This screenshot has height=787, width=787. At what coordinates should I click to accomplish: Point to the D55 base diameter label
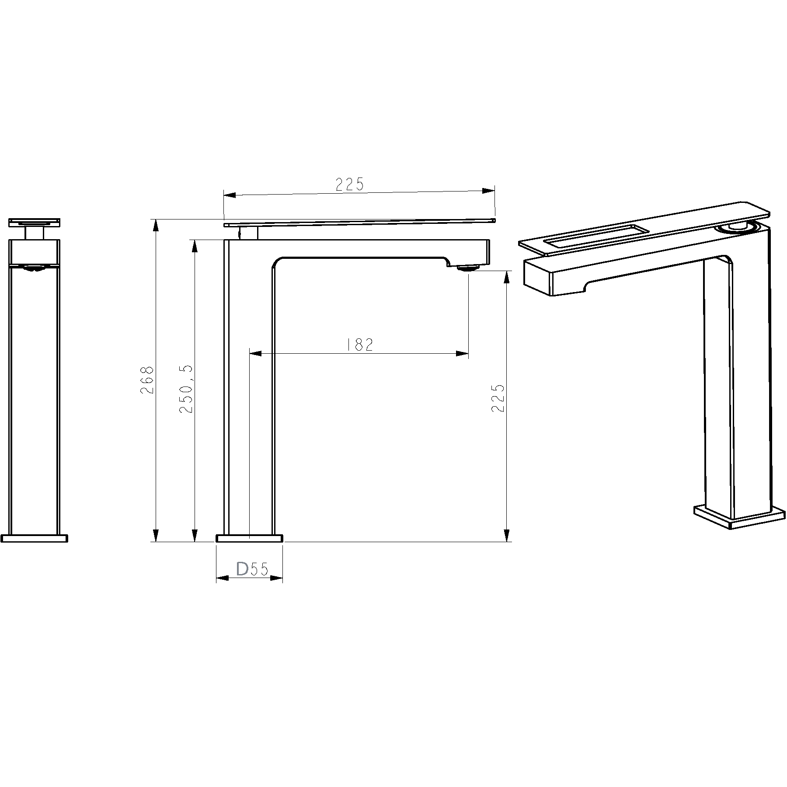pyautogui.click(x=252, y=569)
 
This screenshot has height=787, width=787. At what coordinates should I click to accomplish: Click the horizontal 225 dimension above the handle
pyautogui.click(x=350, y=185)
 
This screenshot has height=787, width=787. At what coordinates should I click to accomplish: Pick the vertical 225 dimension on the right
pyautogui.click(x=498, y=398)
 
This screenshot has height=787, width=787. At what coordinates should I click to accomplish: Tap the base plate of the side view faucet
pyautogui.click(x=249, y=538)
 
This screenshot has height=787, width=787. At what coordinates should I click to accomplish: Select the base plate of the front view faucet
pyautogui.click(x=35, y=538)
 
